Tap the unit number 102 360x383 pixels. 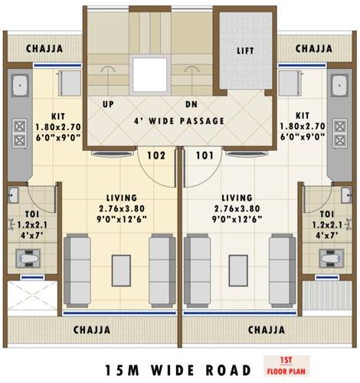tap(156, 155)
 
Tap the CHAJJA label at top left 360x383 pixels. tap(44, 49)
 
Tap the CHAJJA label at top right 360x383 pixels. tap(314, 49)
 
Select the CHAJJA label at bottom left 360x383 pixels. tap(91, 330)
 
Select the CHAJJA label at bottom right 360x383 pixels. tap(267, 330)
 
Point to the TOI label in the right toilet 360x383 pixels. tap(327, 214)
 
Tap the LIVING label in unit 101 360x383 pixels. tap(236, 197)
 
